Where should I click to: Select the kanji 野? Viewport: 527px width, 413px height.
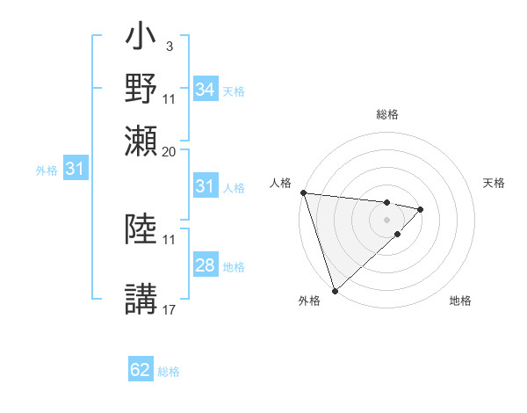point(142,90)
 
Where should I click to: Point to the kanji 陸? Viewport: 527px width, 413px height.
point(142,230)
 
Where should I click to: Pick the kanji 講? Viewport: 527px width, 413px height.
point(142,299)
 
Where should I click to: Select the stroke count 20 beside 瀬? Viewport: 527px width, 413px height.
point(170,151)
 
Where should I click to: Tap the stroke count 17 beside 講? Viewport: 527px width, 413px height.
point(170,308)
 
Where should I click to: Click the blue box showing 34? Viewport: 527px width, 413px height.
point(205,90)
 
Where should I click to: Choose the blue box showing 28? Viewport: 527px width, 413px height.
point(205,265)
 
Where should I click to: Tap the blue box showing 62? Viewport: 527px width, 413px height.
point(141,371)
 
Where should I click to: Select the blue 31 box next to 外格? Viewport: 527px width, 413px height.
point(75,169)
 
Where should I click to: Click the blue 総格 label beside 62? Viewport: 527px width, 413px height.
point(169,372)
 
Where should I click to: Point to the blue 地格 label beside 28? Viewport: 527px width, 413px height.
point(234,266)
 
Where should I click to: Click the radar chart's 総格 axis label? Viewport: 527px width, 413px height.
point(387,114)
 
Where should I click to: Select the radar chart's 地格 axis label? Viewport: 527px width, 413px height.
point(460,301)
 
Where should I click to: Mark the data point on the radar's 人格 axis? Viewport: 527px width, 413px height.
point(303,192)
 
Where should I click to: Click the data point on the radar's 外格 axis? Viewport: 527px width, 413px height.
point(335,290)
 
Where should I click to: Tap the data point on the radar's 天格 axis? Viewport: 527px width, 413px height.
point(421,209)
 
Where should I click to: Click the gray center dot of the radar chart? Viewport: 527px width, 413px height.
point(387,220)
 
